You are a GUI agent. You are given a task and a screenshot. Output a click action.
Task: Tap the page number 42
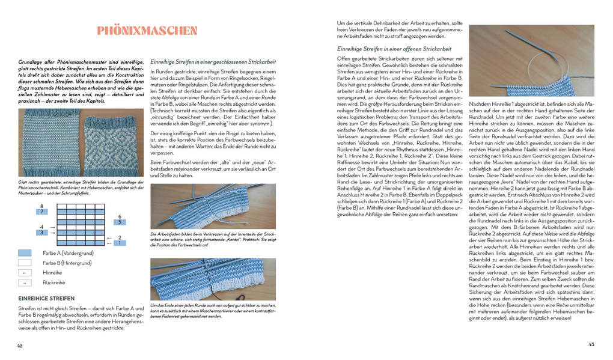point(20,345)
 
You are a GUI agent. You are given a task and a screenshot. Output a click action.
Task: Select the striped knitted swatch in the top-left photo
point(50,143)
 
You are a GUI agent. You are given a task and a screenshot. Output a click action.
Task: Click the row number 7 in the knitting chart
point(41,212)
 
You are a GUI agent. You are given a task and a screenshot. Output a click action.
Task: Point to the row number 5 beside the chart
point(120,222)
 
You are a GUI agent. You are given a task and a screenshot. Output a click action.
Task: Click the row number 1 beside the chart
point(120,243)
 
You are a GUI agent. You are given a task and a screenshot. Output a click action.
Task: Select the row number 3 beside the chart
point(41,233)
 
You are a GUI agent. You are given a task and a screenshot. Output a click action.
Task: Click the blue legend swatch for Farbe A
point(25,253)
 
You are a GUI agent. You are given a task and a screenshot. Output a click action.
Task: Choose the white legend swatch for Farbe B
point(25,263)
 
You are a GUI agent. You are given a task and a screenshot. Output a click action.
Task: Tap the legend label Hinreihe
point(52,272)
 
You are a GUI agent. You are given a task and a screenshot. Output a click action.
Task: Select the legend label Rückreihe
point(53,282)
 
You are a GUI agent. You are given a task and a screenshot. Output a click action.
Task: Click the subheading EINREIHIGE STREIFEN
point(46,298)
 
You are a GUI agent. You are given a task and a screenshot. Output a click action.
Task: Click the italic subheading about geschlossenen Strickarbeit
point(213,61)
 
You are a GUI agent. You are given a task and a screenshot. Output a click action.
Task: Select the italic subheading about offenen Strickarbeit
point(394,49)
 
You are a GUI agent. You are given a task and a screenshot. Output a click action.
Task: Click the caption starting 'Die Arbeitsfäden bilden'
point(212,239)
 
